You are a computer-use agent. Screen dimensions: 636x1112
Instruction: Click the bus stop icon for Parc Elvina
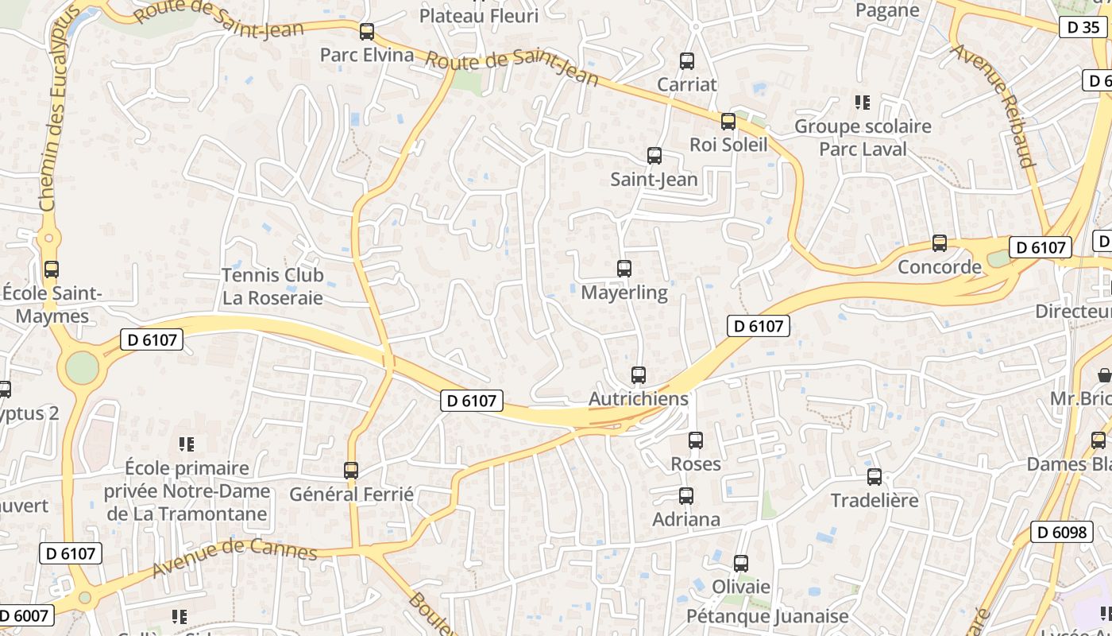(367, 32)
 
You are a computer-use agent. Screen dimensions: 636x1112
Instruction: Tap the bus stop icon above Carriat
(687, 61)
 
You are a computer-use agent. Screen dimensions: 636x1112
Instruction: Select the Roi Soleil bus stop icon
(728, 122)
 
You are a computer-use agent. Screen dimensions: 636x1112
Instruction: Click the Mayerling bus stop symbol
(624, 269)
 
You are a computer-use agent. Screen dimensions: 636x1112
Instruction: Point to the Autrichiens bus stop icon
(639, 375)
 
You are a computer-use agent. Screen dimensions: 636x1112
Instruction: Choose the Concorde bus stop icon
(940, 243)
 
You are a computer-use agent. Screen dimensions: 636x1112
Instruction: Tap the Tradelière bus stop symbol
(875, 477)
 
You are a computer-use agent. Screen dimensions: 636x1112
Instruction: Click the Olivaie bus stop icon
(741, 564)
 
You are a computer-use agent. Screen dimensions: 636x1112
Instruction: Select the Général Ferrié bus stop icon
(351, 471)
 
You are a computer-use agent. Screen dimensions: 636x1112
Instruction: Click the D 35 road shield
(1083, 27)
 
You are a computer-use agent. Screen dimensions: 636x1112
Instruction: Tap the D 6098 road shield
(1063, 532)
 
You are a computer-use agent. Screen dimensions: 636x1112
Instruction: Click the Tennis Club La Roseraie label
(272, 286)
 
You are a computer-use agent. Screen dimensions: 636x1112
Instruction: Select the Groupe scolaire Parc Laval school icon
(863, 103)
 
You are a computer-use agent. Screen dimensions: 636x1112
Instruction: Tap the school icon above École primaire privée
(187, 444)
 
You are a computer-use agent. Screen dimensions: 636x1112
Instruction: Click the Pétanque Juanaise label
(767, 616)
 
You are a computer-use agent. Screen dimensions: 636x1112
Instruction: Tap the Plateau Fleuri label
(478, 15)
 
